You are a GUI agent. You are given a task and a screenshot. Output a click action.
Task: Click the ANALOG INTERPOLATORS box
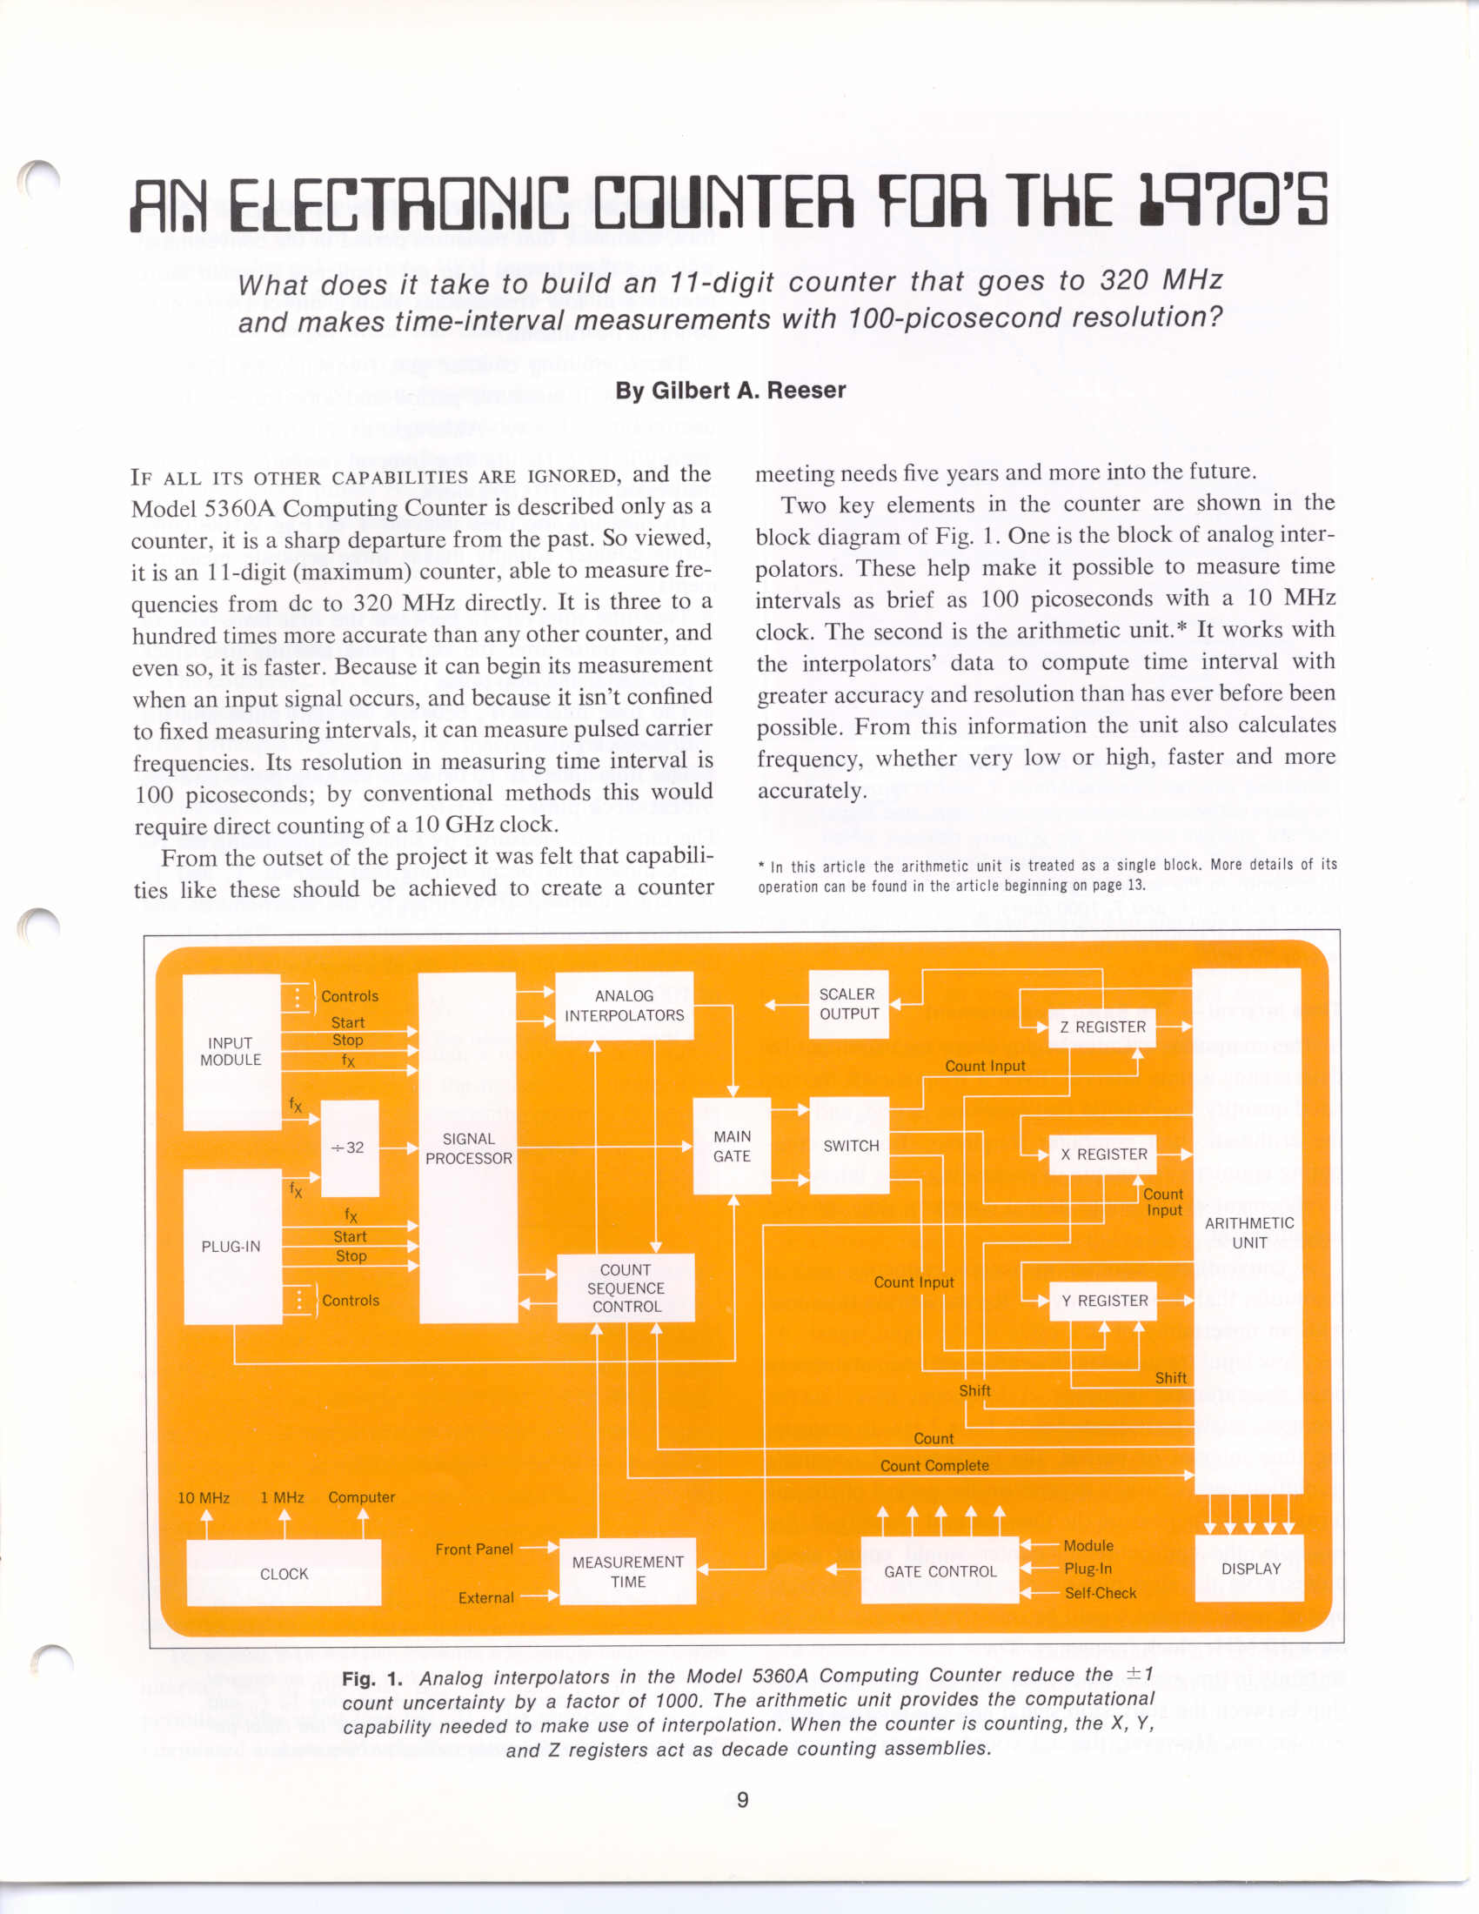pos(624,1005)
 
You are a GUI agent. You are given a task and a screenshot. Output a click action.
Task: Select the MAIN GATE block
pos(732,1146)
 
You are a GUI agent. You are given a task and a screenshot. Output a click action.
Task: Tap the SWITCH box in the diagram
pos(849,1146)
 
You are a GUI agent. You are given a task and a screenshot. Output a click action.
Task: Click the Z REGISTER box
pos(1102,1027)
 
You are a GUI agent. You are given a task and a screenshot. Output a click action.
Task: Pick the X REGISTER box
pos(1103,1154)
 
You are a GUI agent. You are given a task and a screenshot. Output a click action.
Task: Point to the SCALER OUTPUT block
pos(848,1004)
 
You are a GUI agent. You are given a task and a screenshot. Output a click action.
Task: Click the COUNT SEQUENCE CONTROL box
pos(626,1288)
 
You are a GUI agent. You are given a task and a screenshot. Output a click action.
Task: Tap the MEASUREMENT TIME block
pos(627,1571)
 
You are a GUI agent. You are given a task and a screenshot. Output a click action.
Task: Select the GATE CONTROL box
pos(940,1570)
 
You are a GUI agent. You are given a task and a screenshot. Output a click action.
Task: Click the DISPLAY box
pos(1250,1568)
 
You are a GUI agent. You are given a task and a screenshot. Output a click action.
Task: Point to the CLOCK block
pos(284,1573)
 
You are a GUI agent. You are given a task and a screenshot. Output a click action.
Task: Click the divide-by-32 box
pos(350,1148)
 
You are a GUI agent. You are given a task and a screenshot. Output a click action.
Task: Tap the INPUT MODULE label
pos(231,1052)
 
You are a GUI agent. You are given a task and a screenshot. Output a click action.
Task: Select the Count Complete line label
pos(934,1465)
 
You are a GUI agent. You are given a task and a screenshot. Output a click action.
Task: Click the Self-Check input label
pos(1100,1592)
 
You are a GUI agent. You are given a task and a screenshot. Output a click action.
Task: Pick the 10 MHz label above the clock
pos(204,1498)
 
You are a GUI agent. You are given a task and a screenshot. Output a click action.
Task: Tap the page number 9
pos(742,1799)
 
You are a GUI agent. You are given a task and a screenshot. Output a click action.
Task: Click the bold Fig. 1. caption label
pos(372,1677)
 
